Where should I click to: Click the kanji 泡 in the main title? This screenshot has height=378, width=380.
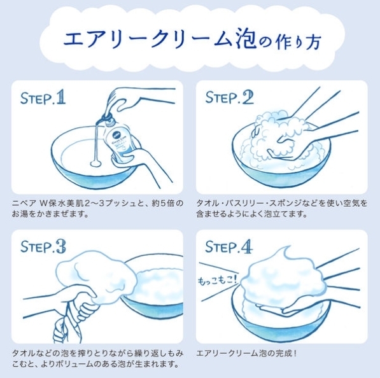[x=245, y=39]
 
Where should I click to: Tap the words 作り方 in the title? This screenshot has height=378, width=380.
[x=299, y=41]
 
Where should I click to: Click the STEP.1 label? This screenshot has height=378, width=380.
[x=43, y=97]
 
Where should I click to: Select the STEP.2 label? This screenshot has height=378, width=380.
[x=230, y=97]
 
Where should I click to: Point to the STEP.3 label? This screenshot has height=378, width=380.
[x=43, y=247]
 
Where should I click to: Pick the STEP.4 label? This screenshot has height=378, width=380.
[x=229, y=247]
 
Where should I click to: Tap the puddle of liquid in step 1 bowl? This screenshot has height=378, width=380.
[x=95, y=164]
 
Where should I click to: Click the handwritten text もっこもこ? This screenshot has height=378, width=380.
[x=218, y=280]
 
